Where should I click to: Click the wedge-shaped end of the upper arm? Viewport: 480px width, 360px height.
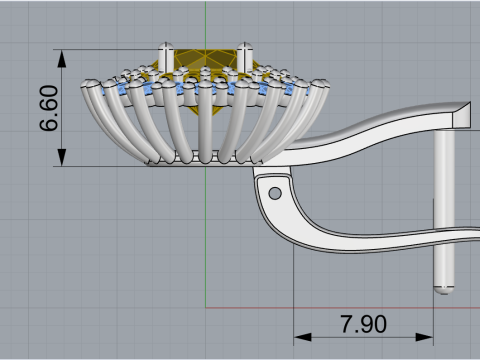tap(462, 115)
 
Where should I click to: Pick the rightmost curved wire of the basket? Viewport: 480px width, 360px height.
tap(300, 110)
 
